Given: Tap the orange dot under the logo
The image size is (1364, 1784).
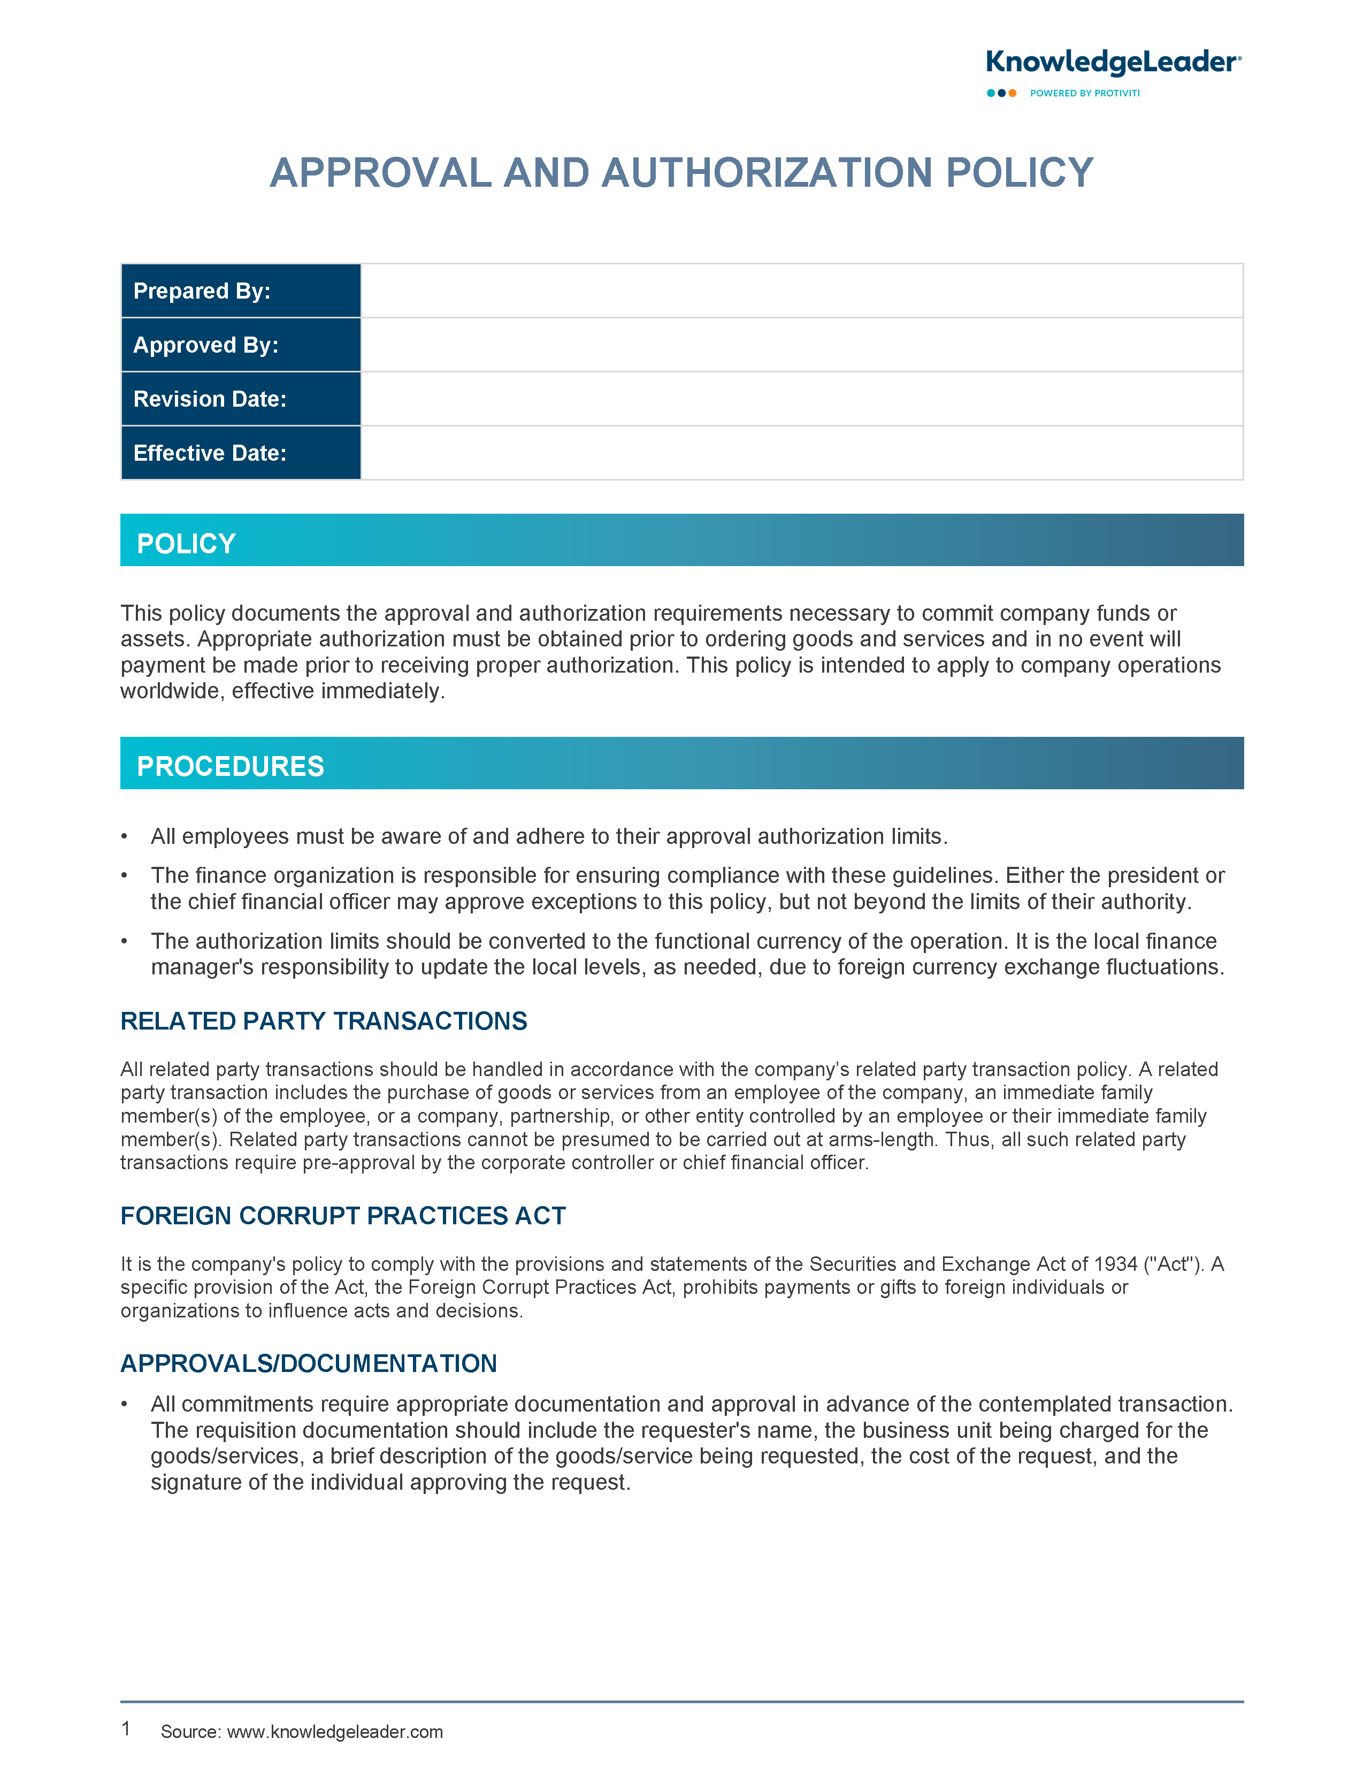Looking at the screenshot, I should pyautogui.click(x=1013, y=94).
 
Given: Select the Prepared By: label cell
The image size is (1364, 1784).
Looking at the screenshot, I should pyautogui.click(x=240, y=291).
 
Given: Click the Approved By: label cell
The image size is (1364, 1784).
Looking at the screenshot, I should pyautogui.click(x=240, y=345).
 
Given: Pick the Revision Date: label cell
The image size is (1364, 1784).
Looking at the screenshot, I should pyautogui.click(x=240, y=399).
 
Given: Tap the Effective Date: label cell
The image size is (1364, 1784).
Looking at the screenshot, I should pyautogui.click(x=240, y=453).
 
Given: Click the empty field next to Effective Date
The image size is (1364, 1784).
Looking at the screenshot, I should pyautogui.click(x=801, y=453).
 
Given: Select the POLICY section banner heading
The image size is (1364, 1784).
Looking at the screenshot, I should pyautogui.click(x=186, y=543).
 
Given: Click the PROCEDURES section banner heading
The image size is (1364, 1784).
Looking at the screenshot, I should pyautogui.click(x=231, y=766).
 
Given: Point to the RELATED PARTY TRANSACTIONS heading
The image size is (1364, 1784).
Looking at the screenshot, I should pyautogui.click(x=323, y=1021).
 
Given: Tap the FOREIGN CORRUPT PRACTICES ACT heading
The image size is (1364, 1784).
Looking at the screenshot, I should pyautogui.click(x=343, y=1216).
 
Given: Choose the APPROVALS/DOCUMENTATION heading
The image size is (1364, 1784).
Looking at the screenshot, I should pyautogui.click(x=309, y=1363).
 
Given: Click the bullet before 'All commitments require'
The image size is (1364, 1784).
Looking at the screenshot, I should pyautogui.click(x=124, y=1405).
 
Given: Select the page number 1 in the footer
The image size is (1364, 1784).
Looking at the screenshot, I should pyautogui.click(x=126, y=1729).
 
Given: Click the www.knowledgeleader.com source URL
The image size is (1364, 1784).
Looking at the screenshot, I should pyautogui.click(x=334, y=1732).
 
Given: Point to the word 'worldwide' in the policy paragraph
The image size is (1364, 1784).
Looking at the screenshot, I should pyautogui.click(x=172, y=691).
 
